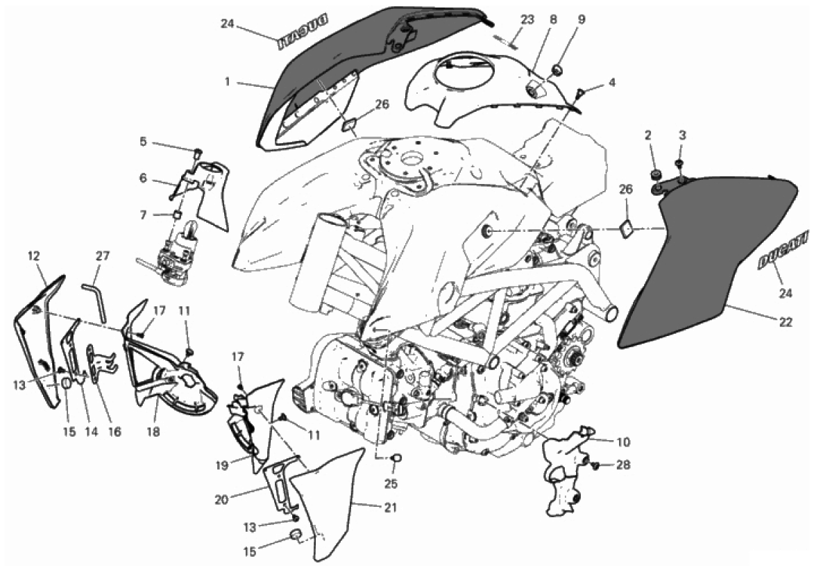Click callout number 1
(x=226, y=81)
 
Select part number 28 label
(x=623, y=464)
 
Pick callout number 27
(x=102, y=255)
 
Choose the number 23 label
(x=527, y=19)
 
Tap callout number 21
(x=390, y=508)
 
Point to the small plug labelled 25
(x=398, y=458)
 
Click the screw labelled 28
(x=595, y=464)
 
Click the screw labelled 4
(x=580, y=90)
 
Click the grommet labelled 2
(x=654, y=174)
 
